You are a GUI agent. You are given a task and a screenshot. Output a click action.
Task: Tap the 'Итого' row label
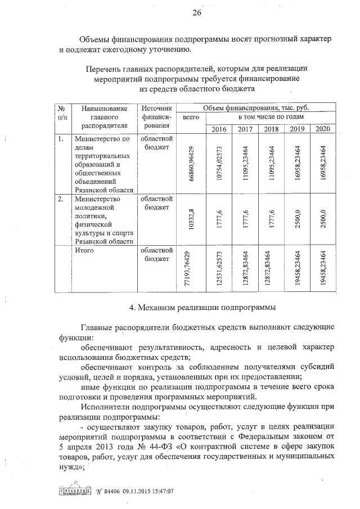point(86,251)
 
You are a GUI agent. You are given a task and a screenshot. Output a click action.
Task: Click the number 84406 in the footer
point(102,491)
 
